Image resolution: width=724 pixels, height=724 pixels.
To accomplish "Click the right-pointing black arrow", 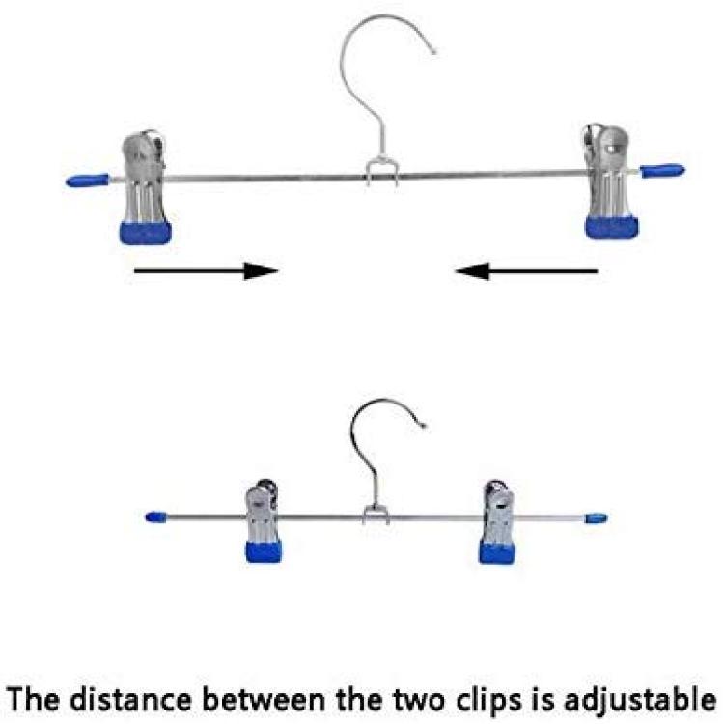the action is (206, 271).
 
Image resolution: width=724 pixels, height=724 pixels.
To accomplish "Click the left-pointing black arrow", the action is (526, 271).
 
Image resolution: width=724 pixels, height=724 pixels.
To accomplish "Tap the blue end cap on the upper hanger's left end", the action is (88, 181).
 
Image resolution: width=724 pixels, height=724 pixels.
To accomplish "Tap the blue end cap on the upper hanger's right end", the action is (662, 171).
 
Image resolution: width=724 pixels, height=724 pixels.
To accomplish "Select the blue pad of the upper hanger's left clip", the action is (146, 233).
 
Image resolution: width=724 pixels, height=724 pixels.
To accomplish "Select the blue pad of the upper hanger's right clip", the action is (612, 228).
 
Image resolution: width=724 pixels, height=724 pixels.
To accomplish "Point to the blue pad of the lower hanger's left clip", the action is (265, 552).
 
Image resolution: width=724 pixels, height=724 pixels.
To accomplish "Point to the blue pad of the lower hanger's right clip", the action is (497, 552).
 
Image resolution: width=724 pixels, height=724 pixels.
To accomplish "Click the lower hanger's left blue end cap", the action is (156, 516).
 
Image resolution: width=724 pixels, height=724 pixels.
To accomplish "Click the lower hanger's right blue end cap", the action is (597, 518).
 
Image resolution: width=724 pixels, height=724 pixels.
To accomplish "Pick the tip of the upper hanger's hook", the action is (434, 52).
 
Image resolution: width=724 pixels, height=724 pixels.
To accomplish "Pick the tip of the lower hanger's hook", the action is (423, 425).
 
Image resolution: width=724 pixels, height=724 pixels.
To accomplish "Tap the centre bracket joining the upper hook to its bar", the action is (382, 172).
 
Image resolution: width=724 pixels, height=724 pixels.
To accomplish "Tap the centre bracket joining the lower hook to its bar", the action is (376, 515).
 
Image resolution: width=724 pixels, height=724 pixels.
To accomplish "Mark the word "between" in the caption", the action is (265, 699).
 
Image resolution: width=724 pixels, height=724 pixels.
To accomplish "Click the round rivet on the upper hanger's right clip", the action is (612, 149).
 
